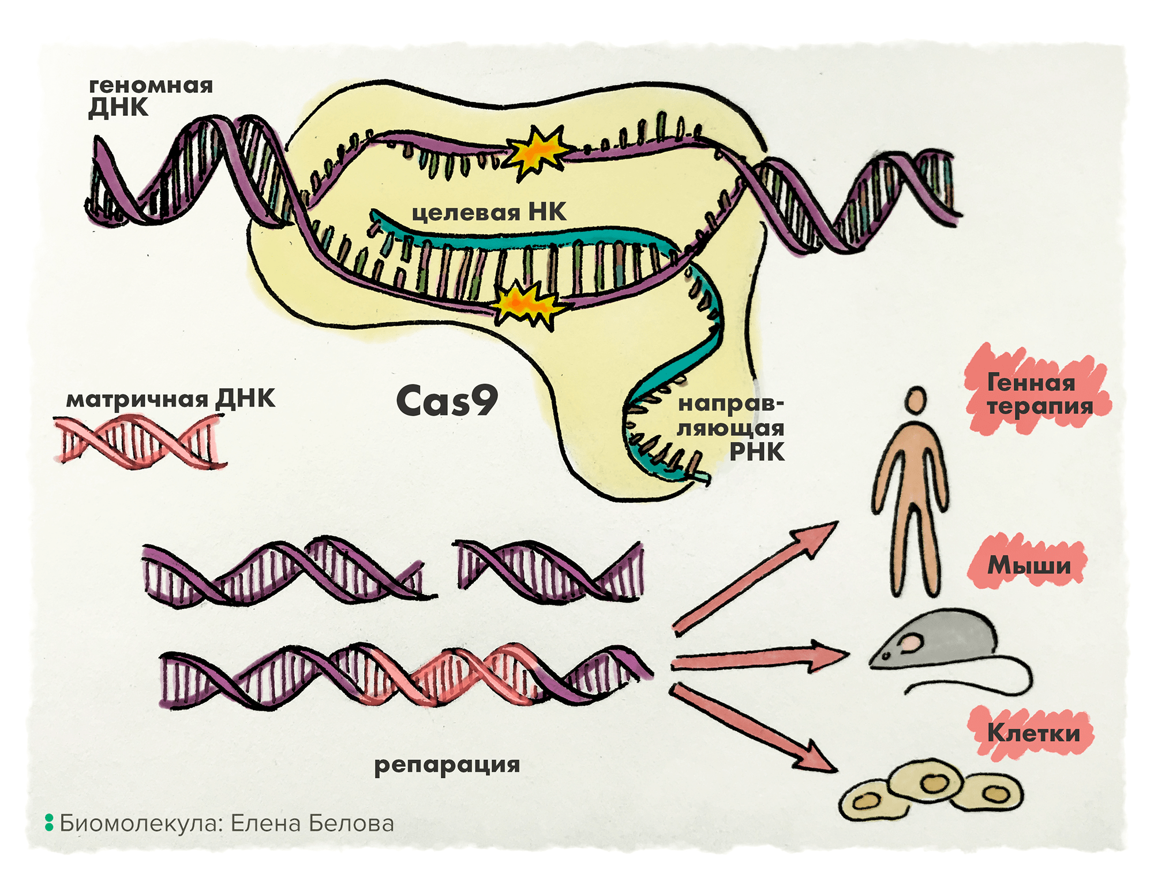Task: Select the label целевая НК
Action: pyautogui.click(x=489, y=212)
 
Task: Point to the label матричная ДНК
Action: pyautogui.click(x=171, y=399)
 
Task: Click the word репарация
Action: pyautogui.click(x=447, y=765)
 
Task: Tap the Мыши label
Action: pyautogui.click(x=1029, y=565)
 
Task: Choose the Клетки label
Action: pyautogui.click(x=1033, y=733)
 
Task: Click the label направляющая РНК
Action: pyautogui.click(x=731, y=428)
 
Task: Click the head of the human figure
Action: pyautogui.click(x=915, y=400)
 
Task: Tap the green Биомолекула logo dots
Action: pyautogui.click(x=49, y=823)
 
